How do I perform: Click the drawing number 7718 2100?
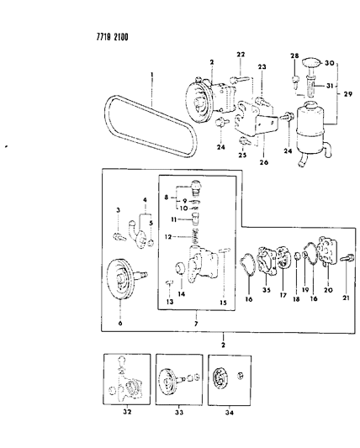click(x=113, y=37)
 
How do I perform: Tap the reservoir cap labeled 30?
click(x=312, y=63)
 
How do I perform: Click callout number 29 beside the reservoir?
click(x=348, y=93)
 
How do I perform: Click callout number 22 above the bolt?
click(x=241, y=55)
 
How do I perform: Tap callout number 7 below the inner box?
click(x=196, y=324)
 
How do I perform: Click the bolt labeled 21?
click(x=347, y=258)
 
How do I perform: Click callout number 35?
click(x=267, y=290)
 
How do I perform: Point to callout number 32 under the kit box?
click(x=127, y=412)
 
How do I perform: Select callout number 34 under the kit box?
click(x=230, y=413)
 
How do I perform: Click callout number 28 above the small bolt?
click(x=294, y=55)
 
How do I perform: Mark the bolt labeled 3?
click(x=119, y=237)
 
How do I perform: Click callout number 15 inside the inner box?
click(x=224, y=303)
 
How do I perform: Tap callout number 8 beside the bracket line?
click(x=167, y=198)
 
